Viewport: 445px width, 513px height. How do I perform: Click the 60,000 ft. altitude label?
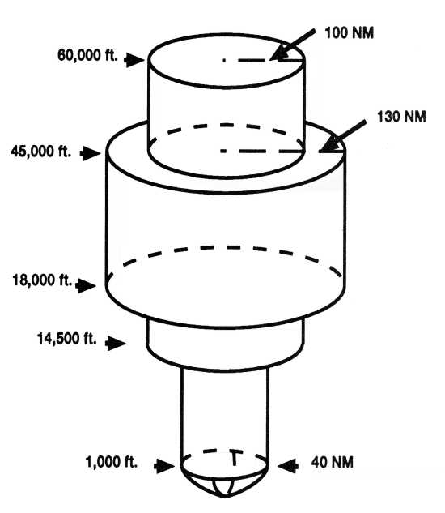click(x=87, y=55)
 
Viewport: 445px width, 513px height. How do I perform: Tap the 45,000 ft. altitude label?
click(x=40, y=152)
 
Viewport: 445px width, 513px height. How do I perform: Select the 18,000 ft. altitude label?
click(x=42, y=280)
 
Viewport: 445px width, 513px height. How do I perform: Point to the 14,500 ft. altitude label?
click(x=66, y=338)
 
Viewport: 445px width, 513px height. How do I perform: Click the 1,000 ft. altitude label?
click(x=112, y=462)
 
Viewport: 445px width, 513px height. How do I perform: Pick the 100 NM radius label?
click(x=350, y=33)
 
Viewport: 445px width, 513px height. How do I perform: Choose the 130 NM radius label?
click(x=401, y=117)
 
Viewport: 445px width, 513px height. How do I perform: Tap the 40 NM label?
click(x=333, y=462)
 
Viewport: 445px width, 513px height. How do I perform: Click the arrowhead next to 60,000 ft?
click(x=134, y=60)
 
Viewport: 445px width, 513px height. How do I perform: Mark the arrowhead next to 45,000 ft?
click(x=91, y=153)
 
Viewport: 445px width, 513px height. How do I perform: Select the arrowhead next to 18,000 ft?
click(x=86, y=285)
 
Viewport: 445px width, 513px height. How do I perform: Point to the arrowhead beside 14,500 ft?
click(x=116, y=343)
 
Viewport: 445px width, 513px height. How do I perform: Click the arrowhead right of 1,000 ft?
click(x=164, y=465)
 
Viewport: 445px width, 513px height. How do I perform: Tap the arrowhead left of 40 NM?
click(x=288, y=465)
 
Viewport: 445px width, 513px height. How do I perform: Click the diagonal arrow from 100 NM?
click(x=293, y=45)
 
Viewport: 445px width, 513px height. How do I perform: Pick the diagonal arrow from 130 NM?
click(x=342, y=136)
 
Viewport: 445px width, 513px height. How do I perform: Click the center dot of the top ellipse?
click(x=224, y=60)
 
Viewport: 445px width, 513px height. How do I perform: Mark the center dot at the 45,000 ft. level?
click(x=223, y=151)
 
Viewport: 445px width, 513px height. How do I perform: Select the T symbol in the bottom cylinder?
click(x=235, y=458)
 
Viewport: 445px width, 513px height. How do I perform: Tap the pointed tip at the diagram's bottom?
click(x=225, y=497)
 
